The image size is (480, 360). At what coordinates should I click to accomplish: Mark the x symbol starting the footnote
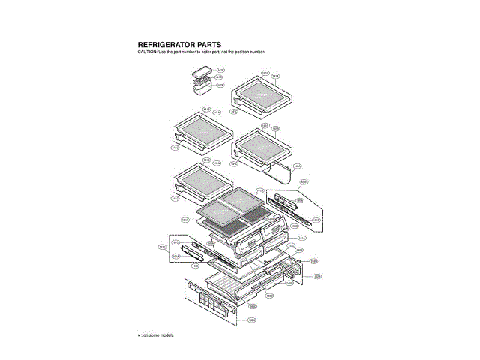139,334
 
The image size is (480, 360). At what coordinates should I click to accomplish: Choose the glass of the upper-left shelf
201,130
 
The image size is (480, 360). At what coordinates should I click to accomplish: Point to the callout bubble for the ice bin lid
220,69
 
